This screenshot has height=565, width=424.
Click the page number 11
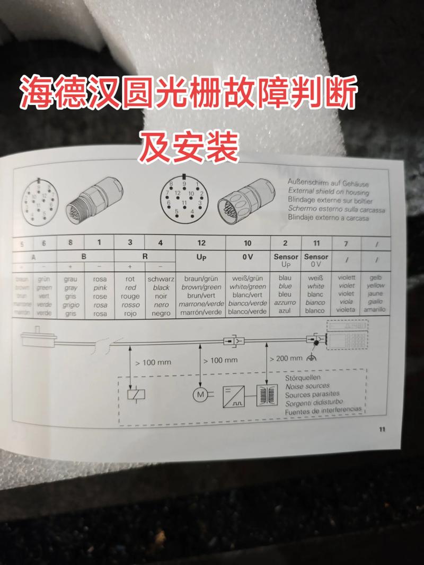click(x=382, y=429)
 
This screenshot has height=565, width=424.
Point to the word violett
click(x=346, y=277)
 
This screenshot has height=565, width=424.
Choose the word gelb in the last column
click(x=376, y=277)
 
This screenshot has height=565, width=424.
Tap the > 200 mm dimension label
click(x=286, y=358)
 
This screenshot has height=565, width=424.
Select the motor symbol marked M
click(x=200, y=394)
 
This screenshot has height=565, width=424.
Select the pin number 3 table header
click(x=130, y=243)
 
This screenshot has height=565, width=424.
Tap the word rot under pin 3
click(x=130, y=279)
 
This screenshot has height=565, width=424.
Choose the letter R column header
click(x=145, y=256)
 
